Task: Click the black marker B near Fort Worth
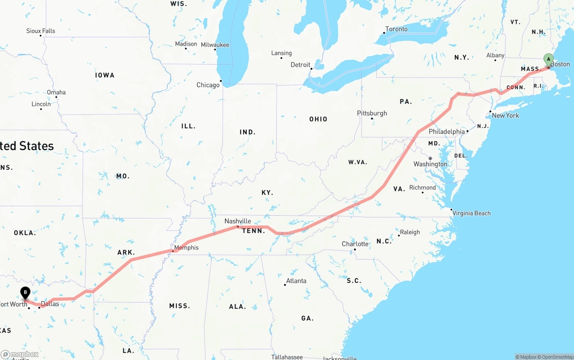click(x=26, y=293)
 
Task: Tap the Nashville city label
click(x=238, y=221)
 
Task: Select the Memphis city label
click(x=186, y=247)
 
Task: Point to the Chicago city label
click(x=208, y=85)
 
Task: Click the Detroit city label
click(x=300, y=65)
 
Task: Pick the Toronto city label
click(x=396, y=29)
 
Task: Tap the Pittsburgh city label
click(x=372, y=113)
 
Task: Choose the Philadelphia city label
click(x=447, y=132)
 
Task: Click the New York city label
click(x=505, y=116)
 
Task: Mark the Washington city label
click(x=430, y=164)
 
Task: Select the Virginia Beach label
click(x=472, y=213)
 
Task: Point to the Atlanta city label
click(x=296, y=281)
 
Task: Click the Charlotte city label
click(x=355, y=244)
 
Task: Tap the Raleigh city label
click(x=410, y=232)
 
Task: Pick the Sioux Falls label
click(x=41, y=31)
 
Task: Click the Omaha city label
click(x=57, y=92)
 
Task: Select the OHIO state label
click(x=318, y=119)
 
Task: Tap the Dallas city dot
click(x=39, y=308)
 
